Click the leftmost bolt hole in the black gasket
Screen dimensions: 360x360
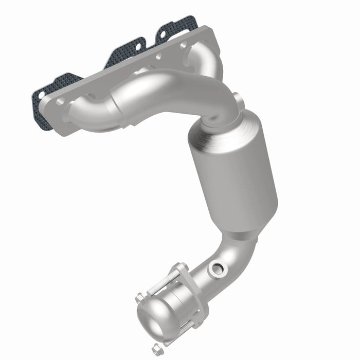coord(40,95)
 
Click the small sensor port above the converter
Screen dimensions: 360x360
coord(236,98)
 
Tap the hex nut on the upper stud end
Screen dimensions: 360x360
coord(139,298)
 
